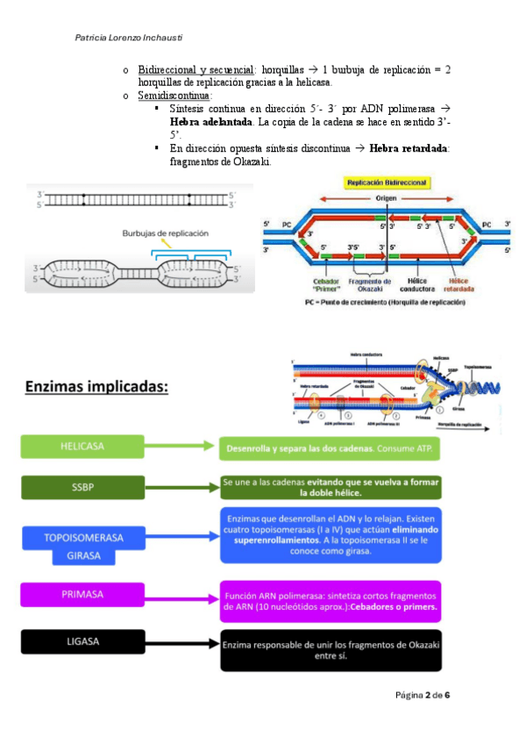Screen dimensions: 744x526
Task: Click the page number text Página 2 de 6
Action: [x=423, y=695]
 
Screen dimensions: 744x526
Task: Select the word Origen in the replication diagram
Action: [x=387, y=198]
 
